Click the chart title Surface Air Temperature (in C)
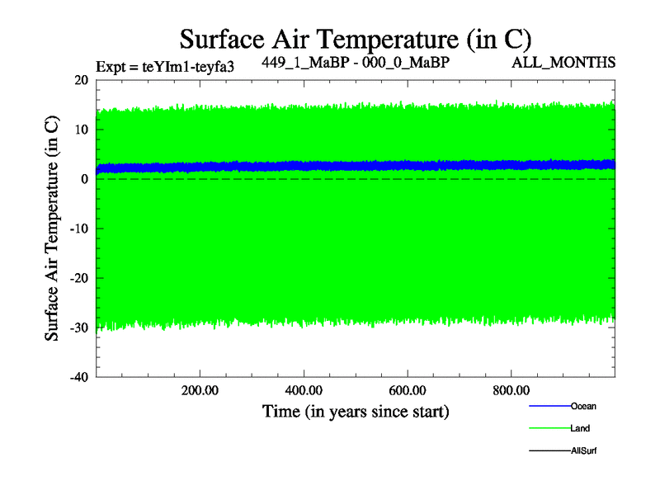click(355, 39)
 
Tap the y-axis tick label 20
click(80, 80)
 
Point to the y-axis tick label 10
click(80, 130)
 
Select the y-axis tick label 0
click(84, 179)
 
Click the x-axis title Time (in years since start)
click(356, 410)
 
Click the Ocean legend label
click(583, 406)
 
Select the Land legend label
click(580, 428)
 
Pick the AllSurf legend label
click(584, 450)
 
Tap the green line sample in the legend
click(549, 428)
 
